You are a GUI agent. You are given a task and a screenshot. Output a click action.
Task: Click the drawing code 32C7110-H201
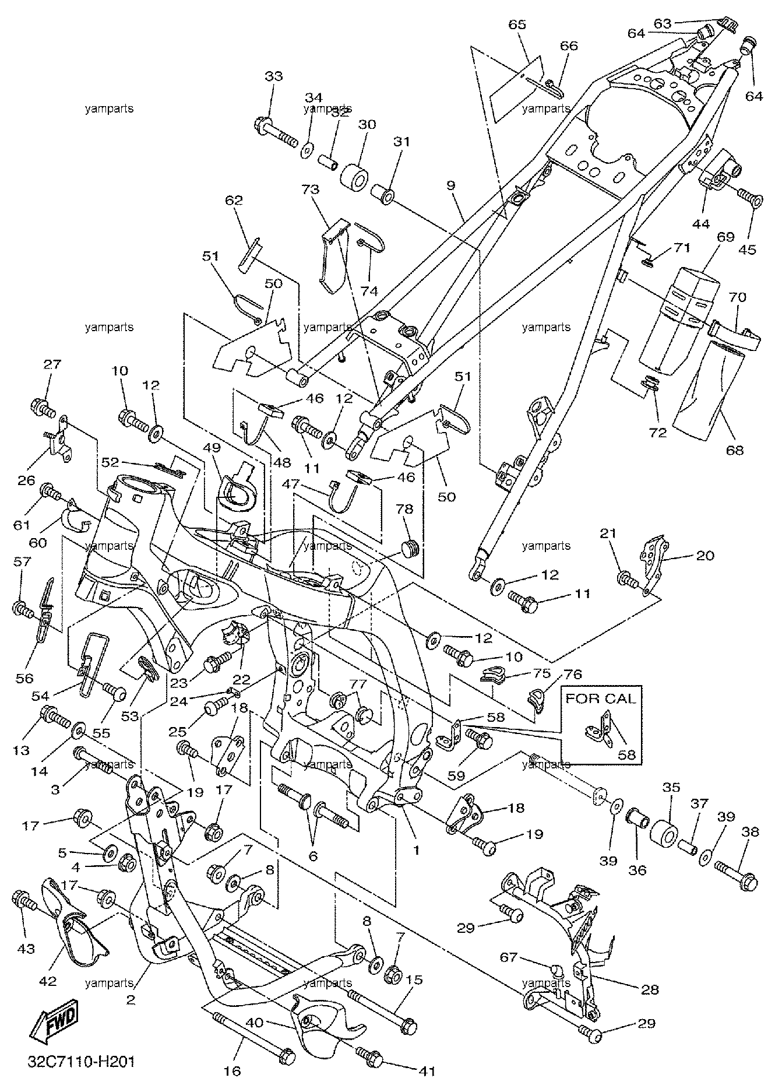pos(82,1061)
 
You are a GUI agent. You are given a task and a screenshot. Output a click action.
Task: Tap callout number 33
pos(273,76)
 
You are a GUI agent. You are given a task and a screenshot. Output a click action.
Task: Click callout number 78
pos(406,509)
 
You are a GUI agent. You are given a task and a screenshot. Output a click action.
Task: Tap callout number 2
pos(131,1000)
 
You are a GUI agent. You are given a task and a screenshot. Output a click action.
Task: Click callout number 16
pos(233,1070)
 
